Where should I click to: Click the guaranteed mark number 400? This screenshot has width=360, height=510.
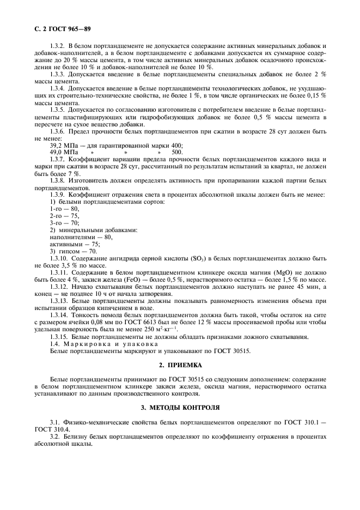click(176, 145)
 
